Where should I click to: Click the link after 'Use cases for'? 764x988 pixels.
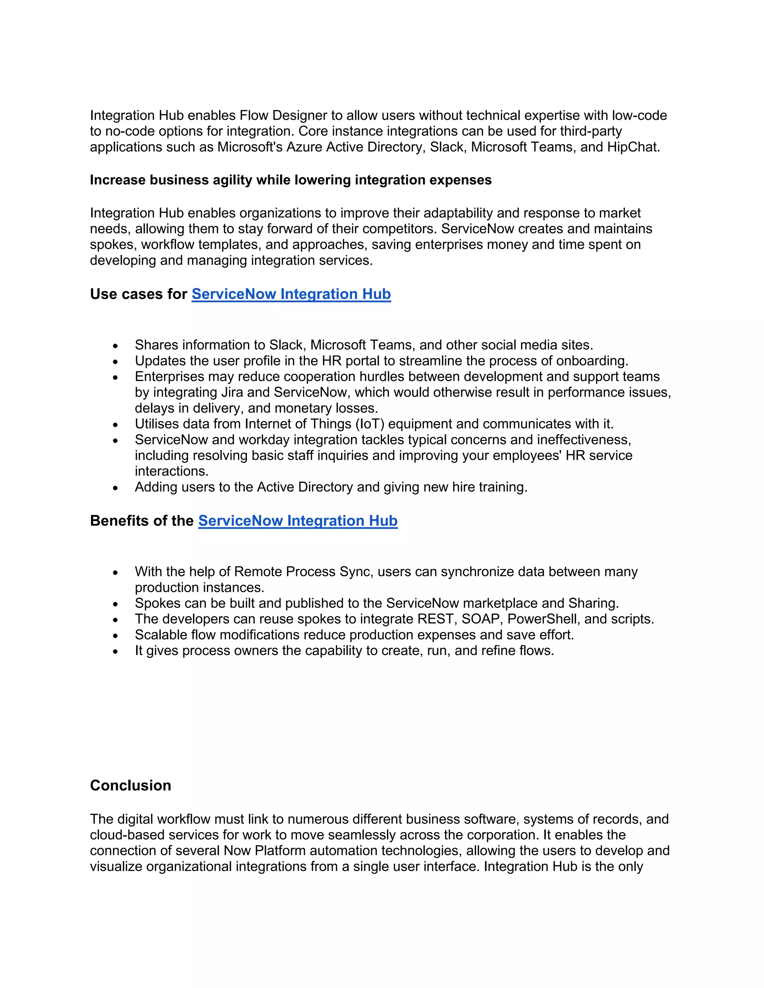[291, 294]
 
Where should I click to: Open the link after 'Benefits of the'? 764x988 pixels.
[298, 521]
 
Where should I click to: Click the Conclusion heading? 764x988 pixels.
[130, 785]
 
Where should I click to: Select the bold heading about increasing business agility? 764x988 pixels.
[291, 180]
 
